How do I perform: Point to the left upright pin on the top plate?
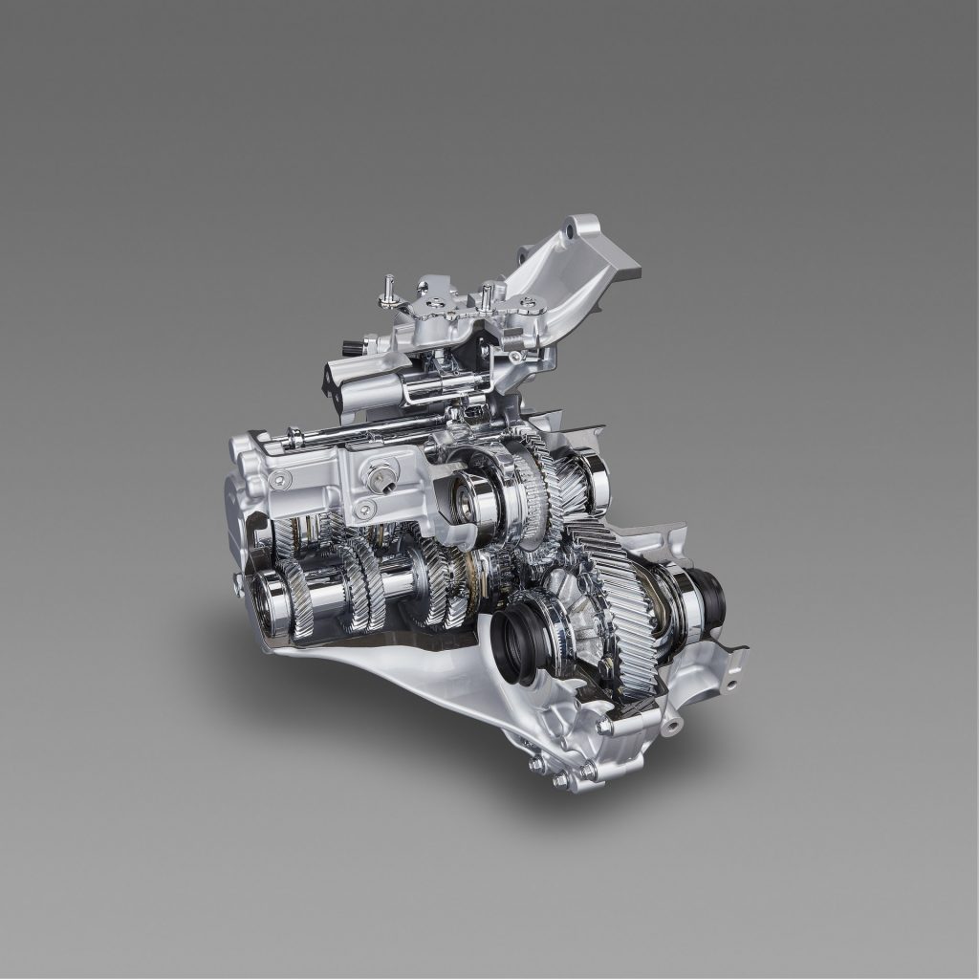tap(390, 288)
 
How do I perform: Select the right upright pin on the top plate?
tap(486, 292)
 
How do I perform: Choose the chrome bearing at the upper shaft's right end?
tap(594, 478)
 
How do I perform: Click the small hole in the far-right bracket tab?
tap(731, 684)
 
